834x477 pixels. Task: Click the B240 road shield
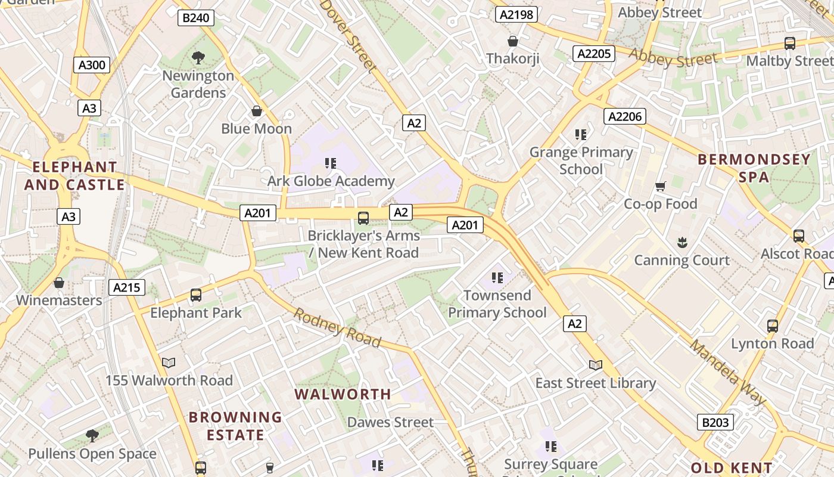[x=195, y=18]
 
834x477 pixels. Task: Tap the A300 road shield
[x=92, y=65]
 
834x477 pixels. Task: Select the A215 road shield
[x=127, y=288]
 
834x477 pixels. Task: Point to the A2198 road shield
[x=516, y=14]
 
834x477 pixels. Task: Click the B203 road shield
[x=715, y=422]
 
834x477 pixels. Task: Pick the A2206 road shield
[x=624, y=116]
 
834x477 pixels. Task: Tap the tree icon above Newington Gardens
[x=198, y=58]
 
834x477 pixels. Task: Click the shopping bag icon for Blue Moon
[x=257, y=111]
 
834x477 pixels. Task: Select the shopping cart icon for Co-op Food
[x=660, y=187]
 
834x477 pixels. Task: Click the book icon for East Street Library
[x=595, y=365]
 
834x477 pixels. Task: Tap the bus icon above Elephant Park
[x=195, y=295]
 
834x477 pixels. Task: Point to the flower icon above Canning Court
[x=682, y=242]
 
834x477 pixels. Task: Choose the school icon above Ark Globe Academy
[x=331, y=163]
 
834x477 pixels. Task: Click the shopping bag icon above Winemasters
[x=59, y=282]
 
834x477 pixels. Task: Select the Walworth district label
[x=343, y=394]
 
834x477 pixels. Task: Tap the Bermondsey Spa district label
[x=754, y=168]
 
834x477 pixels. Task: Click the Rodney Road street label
[x=337, y=328]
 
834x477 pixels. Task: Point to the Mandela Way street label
[x=728, y=372]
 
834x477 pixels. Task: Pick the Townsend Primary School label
[x=497, y=304]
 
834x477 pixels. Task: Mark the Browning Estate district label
[x=235, y=426]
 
